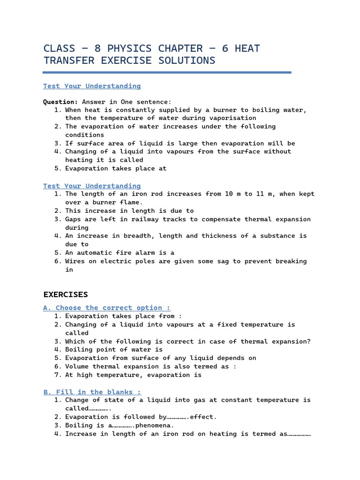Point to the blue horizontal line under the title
(x=167, y=73)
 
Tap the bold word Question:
(x=60, y=102)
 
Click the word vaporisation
(x=233, y=118)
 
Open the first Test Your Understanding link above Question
(x=92, y=86)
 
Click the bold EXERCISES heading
(x=66, y=294)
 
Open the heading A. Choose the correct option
(x=107, y=308)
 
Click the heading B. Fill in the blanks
(x=92, y=392)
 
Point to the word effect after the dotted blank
(x=203, y=417)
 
